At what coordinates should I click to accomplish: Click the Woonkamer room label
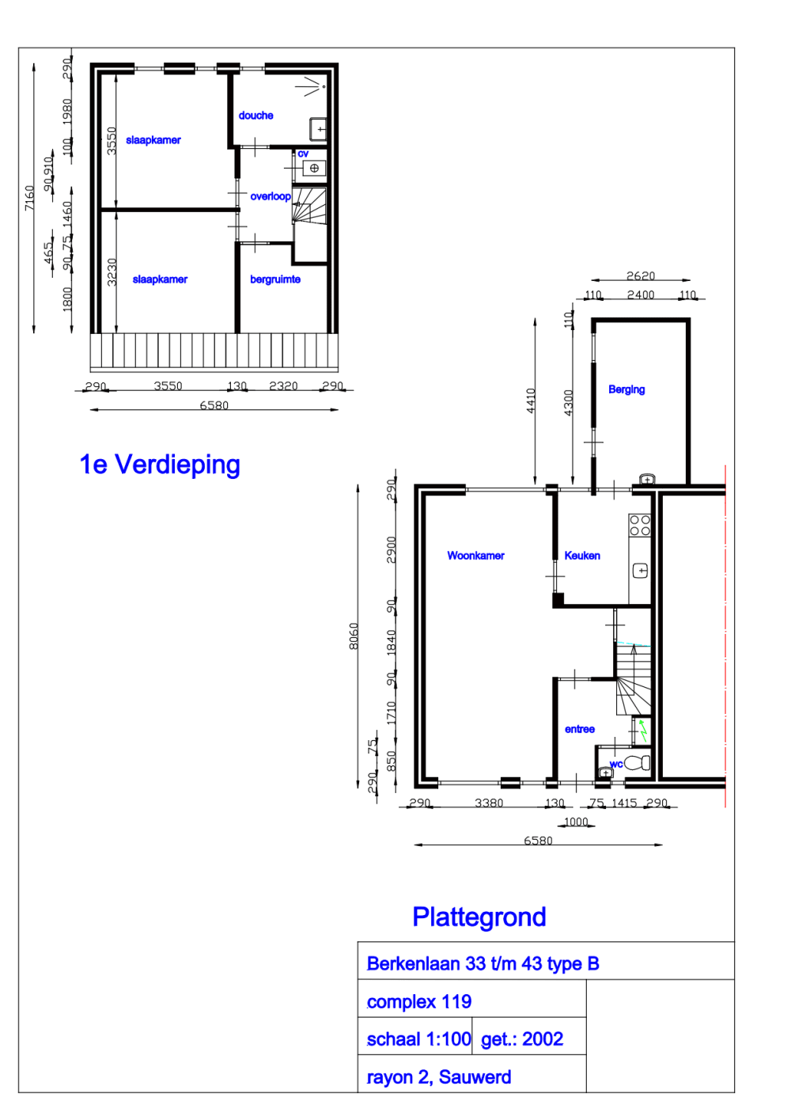pyautogui.click(x=475, y=556)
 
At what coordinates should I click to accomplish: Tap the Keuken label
pyautogui.click(x=582, y=556)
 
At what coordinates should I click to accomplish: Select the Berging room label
pyautogui.click(x=626, y=389)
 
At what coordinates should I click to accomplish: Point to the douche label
pyautogui.click(x=255, y=116)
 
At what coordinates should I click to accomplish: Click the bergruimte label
pyautogui.click(x=275, y=279)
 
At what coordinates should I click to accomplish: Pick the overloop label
pyautogui.click(x=271, y=196)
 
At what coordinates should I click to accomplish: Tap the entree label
pyautogui.click(x=580, y=729)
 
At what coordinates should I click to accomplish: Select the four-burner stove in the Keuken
pyautogui.click(x=640, y=526)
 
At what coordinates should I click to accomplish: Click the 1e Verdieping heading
pyautogui.click(x=160, y=465)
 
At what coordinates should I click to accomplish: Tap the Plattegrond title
pyautogui.click(x=479, y=917)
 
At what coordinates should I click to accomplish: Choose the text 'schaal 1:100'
pyautogui.click(x=418, y=1039)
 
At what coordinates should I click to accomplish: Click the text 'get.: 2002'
pyautogui.click(x=522, y=1039)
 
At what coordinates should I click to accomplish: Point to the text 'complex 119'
pyautogui.click(x=419, y=1002)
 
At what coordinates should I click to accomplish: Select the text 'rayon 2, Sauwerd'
pyautogui.click(x=439, y=1077)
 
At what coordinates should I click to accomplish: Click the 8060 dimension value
pyautogui.click(x=354, y=636)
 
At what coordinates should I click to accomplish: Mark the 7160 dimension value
pyautogui.click(x=29, y=198)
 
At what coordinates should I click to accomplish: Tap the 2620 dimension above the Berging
pyautogui.click(x=641, y=276)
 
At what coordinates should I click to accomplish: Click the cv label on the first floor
pyautogui.click(x=303, y=154)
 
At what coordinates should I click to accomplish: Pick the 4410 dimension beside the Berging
pyautogui.click(x=532, y=400)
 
